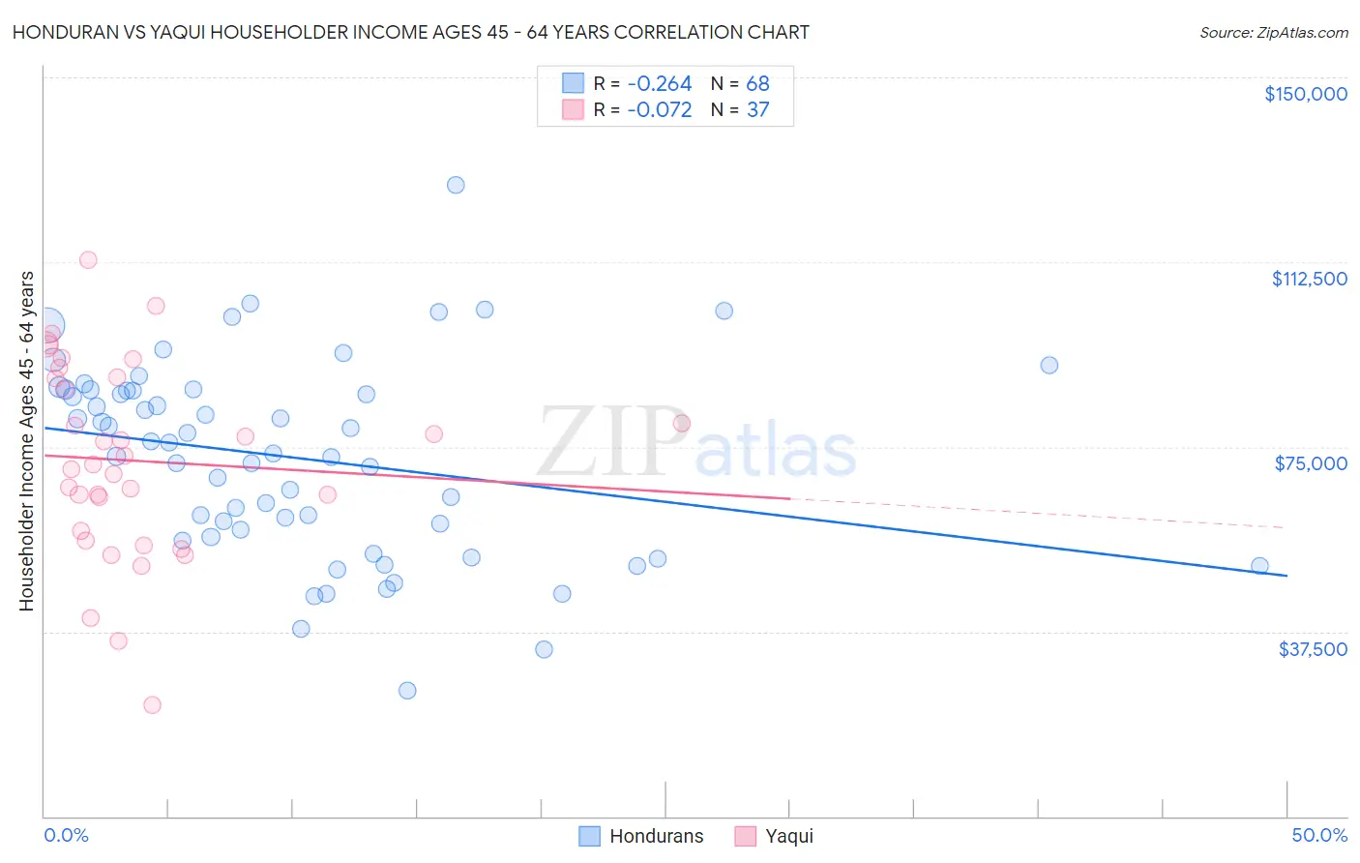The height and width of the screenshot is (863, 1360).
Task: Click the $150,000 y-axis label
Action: coord(1305,94)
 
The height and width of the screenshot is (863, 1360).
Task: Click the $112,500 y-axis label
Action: coord(1309,279)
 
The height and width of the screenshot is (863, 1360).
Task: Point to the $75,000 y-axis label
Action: coord(1311,463)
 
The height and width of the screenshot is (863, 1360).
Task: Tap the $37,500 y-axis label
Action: coord(1313,649)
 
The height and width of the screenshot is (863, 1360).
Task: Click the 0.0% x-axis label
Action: coord(66,836)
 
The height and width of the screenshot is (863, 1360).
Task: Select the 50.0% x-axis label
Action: coord(1319,836)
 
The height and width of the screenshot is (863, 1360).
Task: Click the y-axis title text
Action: coord(26,441)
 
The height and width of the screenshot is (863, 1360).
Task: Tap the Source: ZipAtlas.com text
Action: coord(1273,32)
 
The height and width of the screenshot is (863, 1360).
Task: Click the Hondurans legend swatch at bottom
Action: coord(589,836)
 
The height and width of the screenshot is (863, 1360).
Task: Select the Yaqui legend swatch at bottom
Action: coord(745,836)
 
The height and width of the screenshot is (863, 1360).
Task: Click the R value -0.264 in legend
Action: coord(659,84)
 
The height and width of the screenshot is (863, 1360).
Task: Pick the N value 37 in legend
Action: coord(757,110)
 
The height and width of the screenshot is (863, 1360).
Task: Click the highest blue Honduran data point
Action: coord(456,185)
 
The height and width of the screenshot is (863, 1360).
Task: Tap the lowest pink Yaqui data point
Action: coord(152,705)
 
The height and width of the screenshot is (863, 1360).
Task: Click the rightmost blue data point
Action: coord(1259,566)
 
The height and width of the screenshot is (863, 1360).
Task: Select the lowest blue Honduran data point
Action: coord(407,691)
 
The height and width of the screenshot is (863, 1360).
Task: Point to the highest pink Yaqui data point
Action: coord(88,259)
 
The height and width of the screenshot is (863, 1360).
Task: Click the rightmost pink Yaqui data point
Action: coord(681,423)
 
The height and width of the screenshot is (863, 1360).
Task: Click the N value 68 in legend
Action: coord(757,84)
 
